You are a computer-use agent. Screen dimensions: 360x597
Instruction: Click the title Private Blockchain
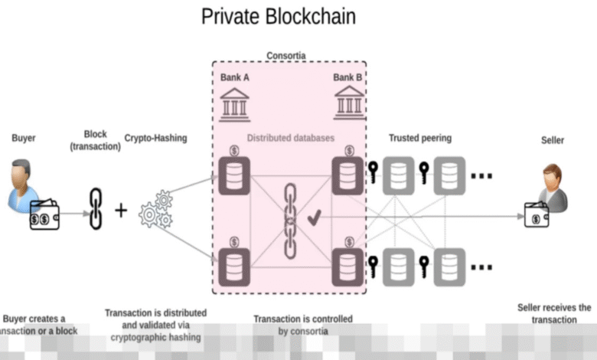click(279, 16)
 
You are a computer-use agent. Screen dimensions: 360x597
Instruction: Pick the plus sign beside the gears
click(121, 210)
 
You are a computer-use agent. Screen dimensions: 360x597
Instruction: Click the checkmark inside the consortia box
click(314, 219)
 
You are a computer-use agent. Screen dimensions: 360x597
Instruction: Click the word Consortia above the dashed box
click(287, 56)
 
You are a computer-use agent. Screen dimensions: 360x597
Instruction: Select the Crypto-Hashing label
click(155, 138)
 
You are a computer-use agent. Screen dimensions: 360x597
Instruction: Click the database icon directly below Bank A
click(233, 175)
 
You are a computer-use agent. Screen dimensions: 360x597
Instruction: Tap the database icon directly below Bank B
click(348, 175)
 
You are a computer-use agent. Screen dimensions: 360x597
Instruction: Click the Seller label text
click(553, 140)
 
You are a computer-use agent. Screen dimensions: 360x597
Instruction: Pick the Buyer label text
click(23, 138)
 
